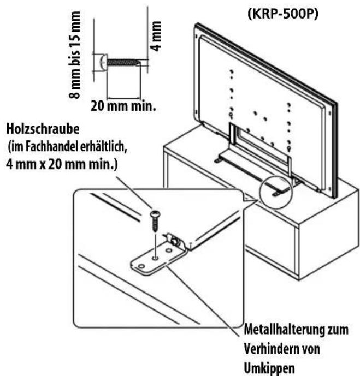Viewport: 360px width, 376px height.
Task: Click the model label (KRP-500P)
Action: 283,14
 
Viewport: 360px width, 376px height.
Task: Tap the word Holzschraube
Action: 43,129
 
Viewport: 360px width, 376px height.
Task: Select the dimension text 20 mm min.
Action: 123,106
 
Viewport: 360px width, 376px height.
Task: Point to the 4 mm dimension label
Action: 156,36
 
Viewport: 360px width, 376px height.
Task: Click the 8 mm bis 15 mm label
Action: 75,55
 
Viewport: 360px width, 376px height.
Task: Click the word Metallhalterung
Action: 281,330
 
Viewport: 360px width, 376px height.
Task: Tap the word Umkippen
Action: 269,368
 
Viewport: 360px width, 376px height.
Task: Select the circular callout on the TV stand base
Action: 276,192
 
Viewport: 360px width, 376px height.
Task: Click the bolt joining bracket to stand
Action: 174,241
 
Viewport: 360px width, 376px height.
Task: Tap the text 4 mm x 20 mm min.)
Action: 62,165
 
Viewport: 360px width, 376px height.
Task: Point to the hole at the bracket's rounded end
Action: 141,266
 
